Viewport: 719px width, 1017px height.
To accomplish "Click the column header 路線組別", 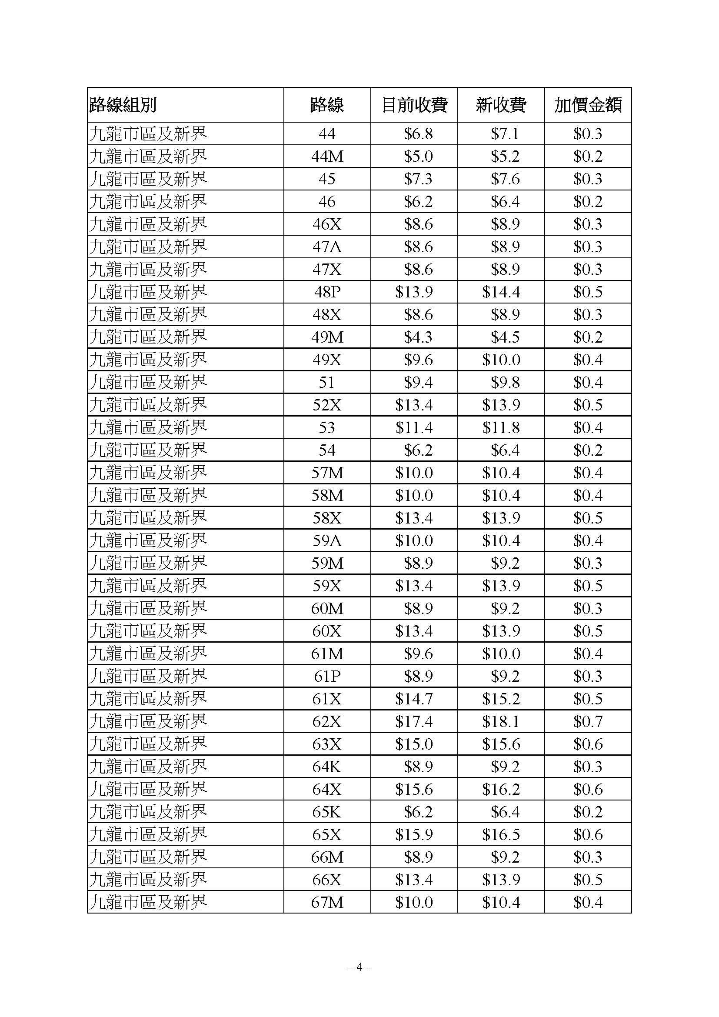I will point(123,105).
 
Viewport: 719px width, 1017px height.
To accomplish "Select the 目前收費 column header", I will point(414,105).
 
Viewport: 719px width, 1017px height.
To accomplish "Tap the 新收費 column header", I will point(501,105).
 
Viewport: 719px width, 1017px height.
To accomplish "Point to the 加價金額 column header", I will point(588,105).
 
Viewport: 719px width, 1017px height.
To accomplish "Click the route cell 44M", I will point(327,157).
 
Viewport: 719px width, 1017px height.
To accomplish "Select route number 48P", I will point(327,292).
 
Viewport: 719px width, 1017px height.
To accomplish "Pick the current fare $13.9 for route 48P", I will point(414,292).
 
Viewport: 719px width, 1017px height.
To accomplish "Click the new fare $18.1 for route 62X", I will point(501,722).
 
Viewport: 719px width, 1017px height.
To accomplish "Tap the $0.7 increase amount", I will point(588,722).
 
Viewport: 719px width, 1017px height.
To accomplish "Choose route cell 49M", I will point(327,337).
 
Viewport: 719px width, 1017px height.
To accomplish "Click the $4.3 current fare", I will point(418,337).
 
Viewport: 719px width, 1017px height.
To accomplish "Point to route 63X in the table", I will point(327,744).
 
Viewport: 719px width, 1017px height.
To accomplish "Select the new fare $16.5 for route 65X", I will point(501,834).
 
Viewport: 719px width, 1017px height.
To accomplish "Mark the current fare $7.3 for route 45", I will point(418,179).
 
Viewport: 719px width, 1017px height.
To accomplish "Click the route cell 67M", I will point(327,902).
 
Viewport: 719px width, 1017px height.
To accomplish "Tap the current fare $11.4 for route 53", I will point(414,428).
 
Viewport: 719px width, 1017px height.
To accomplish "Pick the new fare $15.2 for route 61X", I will point(501,699).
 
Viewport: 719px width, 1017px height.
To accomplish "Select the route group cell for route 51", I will point(148,383).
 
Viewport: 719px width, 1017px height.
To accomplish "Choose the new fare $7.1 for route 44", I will point(505,134).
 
